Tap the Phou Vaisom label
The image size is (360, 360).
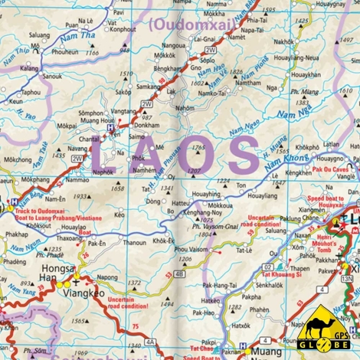click(x=191, y=249)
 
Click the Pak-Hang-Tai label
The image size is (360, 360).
click(x=219, y=284)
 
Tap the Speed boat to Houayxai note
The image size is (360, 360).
click(x=331, y=202)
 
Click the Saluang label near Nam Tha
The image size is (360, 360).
click(x=40, y=34)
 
